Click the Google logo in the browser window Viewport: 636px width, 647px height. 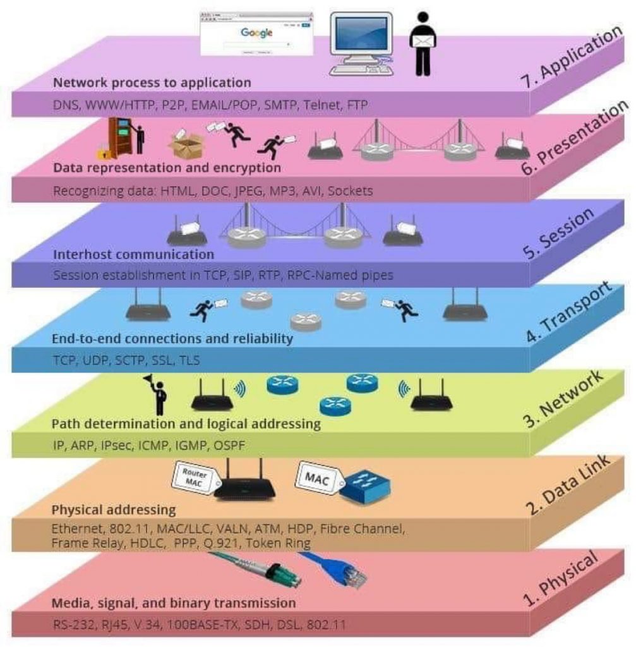(256, 33)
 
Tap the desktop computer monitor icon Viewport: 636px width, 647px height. (361, 44)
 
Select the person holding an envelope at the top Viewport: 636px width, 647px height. (423, 44)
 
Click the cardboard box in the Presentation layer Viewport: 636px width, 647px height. (186, 145)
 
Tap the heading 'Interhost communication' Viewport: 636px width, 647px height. (134, 254)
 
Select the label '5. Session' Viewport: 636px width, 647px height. (558, 233)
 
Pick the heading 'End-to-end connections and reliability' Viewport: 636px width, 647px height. (172, 339)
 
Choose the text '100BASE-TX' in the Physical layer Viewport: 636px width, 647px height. (202, 625)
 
